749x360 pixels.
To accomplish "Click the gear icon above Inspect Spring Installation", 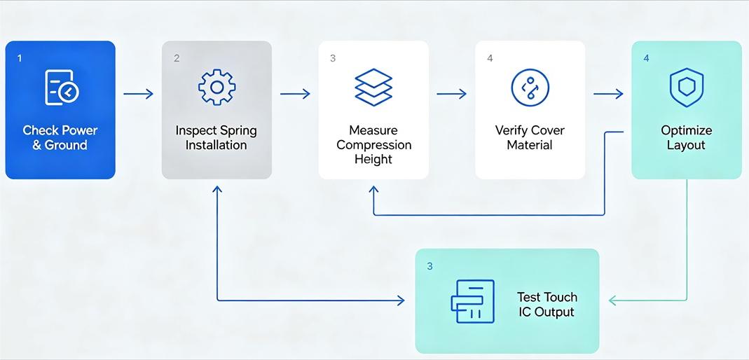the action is pyautogui.click(x=217, y=87).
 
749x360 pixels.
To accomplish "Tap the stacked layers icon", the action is pyautogui.click(x=373, y=88).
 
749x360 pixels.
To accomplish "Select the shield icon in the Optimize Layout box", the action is pyautogui.click(x=687, y=88).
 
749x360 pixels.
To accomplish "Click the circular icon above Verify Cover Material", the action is pyautogui.click(x=530, y=88).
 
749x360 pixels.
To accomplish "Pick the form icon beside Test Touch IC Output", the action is pyautogui.click(x=473, y=301).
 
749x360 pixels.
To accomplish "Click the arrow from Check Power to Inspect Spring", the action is pyautogui.click(x=139, y=94).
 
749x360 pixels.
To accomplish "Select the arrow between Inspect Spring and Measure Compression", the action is pyautogui.click(x=295, y=94).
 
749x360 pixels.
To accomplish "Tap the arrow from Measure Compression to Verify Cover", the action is pyautogui.click(x=452, y=94).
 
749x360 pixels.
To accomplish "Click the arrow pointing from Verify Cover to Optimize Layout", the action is pyautogui.click(x=609, y=94).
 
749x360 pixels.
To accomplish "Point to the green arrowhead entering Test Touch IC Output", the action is pyautogui.click(x=613, y=300).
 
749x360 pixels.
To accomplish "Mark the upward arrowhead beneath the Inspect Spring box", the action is pyautogui.click(x=217, y=190).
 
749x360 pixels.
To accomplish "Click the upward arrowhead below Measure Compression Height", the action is pyautogui.click(x=373, y=190).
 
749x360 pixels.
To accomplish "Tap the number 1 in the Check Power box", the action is pyautogui.click(x=19, y=58).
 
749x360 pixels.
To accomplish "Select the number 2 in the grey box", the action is pyautogui.click(x=177, y=58).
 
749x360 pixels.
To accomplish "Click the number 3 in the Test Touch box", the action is pyautogui.click(x=430, y=266).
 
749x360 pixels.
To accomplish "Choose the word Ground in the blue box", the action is pyautogui.click(x=67, y=145).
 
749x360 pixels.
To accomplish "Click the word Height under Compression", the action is pyautogui.click(x=373, y=159).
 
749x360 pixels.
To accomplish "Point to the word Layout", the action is pyautogui.click(x=687, y=145).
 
